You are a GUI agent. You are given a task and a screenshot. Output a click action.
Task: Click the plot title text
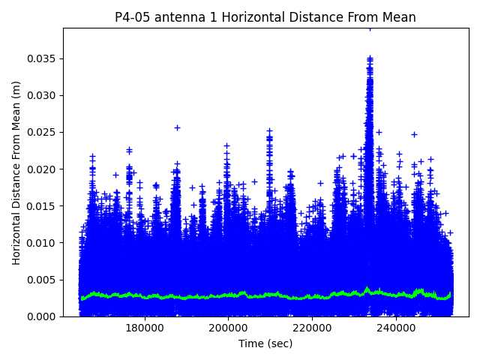click(265, 17)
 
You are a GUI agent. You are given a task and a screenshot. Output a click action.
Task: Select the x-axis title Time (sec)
click(265, 343)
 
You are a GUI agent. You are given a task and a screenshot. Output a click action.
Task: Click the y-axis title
click(16, 172)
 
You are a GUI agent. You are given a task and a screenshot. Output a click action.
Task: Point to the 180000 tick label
click(145, 327)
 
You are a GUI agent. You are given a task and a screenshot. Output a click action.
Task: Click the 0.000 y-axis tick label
click(43, 316)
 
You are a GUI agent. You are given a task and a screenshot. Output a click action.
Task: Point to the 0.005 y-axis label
click(43, 280)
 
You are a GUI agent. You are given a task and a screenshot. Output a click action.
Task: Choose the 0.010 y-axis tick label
click(43, 243)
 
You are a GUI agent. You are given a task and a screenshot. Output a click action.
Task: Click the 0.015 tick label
click(43, 206)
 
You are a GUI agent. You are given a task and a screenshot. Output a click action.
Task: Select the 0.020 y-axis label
click(43, 169)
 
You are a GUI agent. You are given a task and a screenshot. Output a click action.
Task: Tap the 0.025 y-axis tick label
click(43, 133)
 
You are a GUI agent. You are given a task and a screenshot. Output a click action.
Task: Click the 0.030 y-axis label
click(43, 95)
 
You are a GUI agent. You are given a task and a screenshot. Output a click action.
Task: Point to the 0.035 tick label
click(43, 58)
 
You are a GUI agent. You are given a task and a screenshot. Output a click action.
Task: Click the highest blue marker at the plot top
click(370, 28)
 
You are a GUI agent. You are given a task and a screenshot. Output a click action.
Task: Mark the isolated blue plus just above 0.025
click(177, 127)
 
